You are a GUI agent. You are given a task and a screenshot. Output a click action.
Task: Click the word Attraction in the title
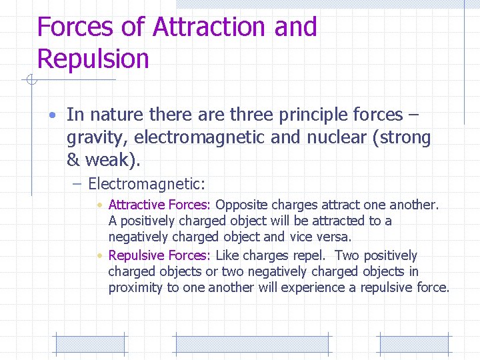(x=209, y=27)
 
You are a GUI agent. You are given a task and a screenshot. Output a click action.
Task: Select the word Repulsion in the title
(x=93, y=59)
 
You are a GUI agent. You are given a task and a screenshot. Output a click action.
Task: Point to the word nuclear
(x=337, y=138)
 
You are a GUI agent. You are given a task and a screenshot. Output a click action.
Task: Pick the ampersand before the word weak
(x=73, y=161)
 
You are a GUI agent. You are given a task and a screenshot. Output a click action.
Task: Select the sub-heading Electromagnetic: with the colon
(x=147, y=183)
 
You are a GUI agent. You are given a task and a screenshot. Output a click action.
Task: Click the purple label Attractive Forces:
(x=159, y=205)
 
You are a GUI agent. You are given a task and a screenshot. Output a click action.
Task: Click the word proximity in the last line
(x=135, y=287)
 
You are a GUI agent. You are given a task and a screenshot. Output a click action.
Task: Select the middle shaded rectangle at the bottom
(x=252, y=343)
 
